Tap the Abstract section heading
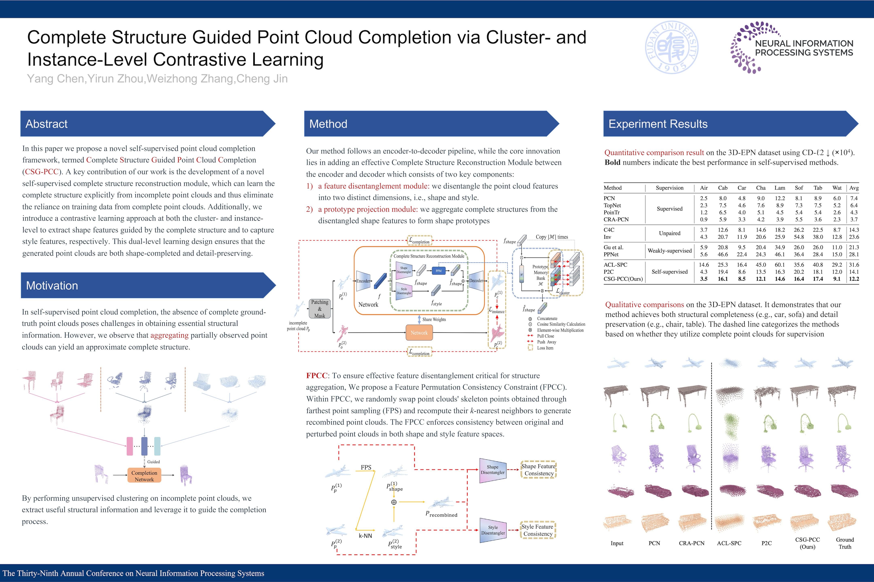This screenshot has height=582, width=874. point(47,124)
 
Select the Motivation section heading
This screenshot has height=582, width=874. point(52,285)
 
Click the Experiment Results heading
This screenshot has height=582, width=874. point(658,124)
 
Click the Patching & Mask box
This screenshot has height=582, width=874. point(320,309)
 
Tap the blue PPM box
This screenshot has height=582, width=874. point(438,271)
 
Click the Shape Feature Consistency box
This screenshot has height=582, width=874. point(538,470)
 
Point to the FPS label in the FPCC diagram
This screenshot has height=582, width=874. point(366,467)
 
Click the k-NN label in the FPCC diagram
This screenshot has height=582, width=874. point(365,536)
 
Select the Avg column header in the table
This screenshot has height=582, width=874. point(854,188)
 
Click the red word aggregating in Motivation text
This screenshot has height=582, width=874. point(170,335)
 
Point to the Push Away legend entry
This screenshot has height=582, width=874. point(547,342)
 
